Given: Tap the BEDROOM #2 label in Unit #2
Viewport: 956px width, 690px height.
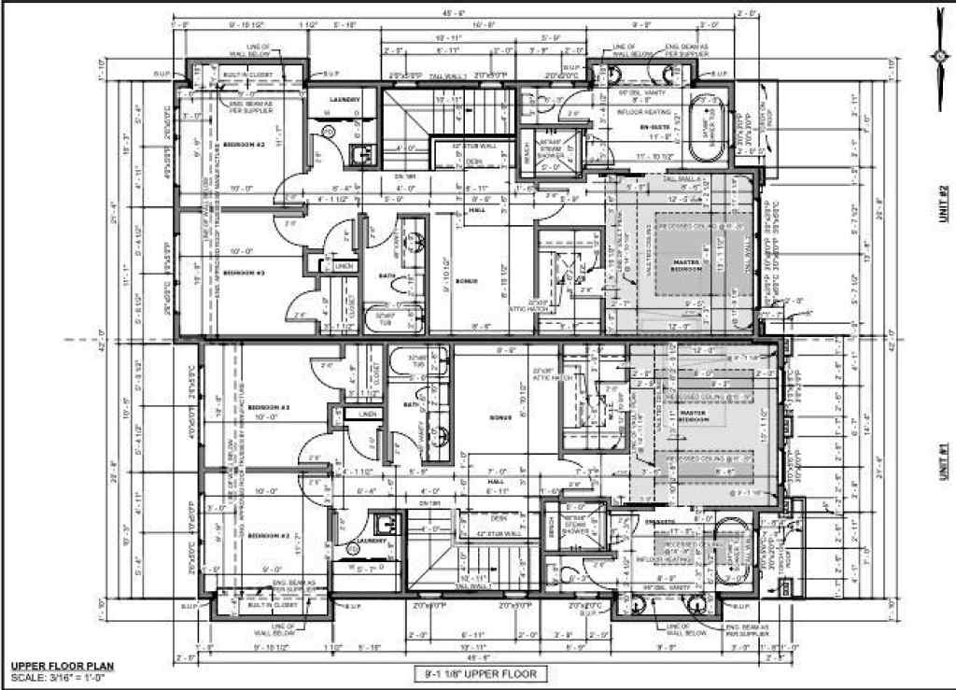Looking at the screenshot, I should pos(245,145).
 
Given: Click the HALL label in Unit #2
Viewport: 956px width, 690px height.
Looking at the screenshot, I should pos(476,210).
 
